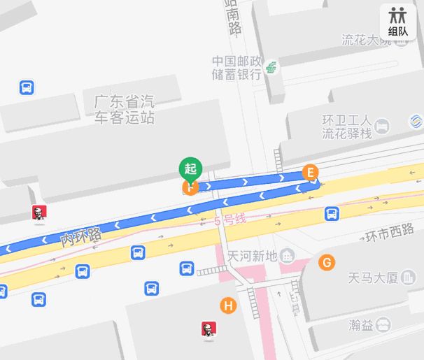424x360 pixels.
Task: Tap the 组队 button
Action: (398, 22)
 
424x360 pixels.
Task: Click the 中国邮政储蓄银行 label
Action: (237, 67)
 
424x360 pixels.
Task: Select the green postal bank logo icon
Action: (270, 68)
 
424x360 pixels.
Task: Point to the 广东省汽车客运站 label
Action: (125, 109)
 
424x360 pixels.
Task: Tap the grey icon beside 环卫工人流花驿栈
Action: (382, 127)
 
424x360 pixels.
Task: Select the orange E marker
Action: (310, 172)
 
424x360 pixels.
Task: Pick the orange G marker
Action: (325, 263)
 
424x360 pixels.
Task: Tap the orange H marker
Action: (227, 305)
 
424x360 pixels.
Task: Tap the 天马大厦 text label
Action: (372, 278)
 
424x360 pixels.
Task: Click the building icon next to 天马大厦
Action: (409, 278)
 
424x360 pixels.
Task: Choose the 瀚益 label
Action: (360, 325)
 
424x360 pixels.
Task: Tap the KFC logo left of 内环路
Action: (38, 213)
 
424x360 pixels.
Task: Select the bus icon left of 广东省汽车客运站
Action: (27, 88)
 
